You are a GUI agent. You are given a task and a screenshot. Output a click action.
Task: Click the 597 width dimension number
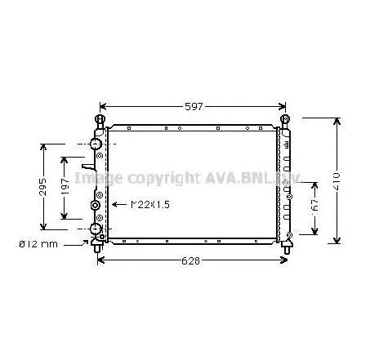point(194,106)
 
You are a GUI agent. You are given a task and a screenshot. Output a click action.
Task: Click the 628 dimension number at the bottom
point(192,260)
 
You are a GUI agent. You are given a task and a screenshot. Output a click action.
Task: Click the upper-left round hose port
point(96,145)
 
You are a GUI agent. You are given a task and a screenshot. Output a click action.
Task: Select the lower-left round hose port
point(96,229)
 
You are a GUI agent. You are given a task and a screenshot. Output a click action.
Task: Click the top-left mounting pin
point(100,121)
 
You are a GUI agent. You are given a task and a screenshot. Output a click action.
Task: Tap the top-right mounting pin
point(286,121)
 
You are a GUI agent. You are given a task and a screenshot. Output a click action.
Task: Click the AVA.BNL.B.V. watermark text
point(245,178)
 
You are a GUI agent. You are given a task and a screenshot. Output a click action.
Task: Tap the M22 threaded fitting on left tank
point(96,206)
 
